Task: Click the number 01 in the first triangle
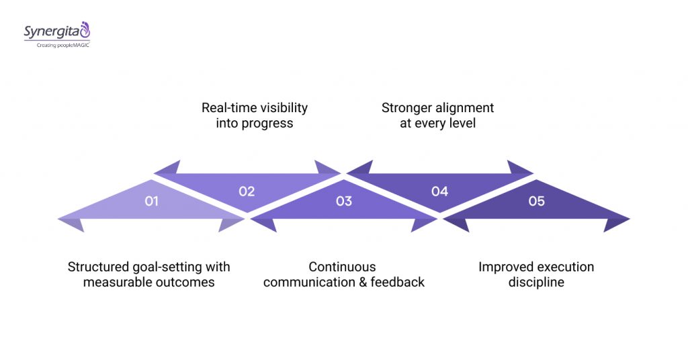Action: point(151,201)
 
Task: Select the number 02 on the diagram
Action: point(247,191)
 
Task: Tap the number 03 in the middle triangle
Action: point(343,201)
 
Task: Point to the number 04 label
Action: point(439,191)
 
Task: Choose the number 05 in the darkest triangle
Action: point(536,201)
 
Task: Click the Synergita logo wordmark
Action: point(52,31)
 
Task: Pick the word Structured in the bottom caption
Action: point(98,267)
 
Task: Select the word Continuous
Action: point(343,267)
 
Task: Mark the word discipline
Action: point(536,282)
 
